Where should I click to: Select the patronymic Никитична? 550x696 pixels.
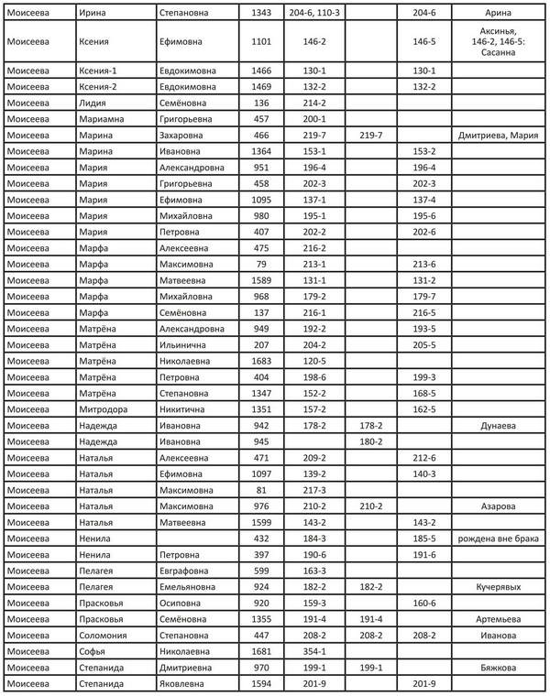[x=188, y=409]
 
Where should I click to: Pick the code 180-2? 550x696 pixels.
[x=371, y=441]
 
